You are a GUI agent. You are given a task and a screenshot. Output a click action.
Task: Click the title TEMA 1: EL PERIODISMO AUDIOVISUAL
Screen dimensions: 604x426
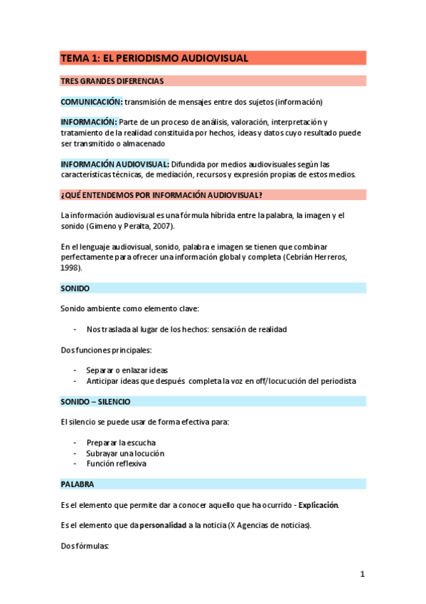click(x=154, y=58)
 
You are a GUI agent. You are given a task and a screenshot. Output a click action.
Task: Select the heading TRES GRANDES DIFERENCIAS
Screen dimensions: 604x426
click(x=112, y=81)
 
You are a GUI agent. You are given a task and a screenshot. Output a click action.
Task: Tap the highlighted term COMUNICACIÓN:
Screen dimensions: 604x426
click(x=92, y=102)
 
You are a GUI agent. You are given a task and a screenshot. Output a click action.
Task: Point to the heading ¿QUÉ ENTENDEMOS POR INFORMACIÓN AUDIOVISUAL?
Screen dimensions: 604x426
click(x=161, y=195)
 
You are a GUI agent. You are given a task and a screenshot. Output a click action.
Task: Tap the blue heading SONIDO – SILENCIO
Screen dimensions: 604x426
click(x=95, y=402)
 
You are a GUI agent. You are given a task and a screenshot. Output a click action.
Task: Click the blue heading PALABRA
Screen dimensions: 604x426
click(x=78, y=484)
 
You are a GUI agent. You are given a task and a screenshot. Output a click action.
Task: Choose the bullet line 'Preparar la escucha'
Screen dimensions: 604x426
click(x=121, y=442)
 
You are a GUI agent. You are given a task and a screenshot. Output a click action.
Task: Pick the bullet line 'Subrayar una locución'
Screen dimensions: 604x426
click(x=125, y=453)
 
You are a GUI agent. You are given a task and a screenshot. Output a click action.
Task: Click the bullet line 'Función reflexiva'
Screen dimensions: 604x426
click(x=117, y=464)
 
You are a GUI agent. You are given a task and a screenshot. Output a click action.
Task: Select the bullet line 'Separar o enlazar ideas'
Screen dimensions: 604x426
click(x=127, y=370)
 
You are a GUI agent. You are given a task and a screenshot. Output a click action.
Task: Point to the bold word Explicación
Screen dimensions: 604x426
click(x=319, y=505)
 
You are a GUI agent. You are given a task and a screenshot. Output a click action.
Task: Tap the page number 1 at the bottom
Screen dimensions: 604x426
click(x=362, y=574)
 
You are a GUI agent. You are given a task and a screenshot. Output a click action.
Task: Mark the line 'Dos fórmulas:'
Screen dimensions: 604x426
click(x=85, y=546)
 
